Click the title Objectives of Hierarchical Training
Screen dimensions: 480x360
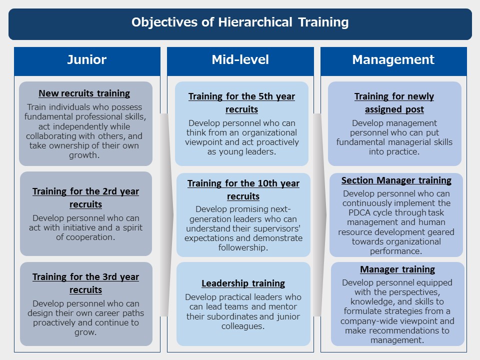coord(240,22)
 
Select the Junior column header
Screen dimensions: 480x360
coord(87,59)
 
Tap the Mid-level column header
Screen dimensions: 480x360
coord(240,59)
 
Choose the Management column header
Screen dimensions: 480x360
coord(393,59)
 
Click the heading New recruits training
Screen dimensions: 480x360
coord(84,93)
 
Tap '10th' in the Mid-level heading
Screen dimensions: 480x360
coord(267,183)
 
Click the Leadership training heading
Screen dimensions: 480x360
coord(243,283)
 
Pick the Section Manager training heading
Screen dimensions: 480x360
coord(396,180)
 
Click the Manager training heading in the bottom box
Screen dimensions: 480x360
coord(397,269)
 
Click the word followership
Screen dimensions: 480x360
coord(243,247)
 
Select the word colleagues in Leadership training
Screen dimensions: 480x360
coord(243,326)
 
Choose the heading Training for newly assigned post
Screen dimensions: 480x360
coord(394,103)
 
